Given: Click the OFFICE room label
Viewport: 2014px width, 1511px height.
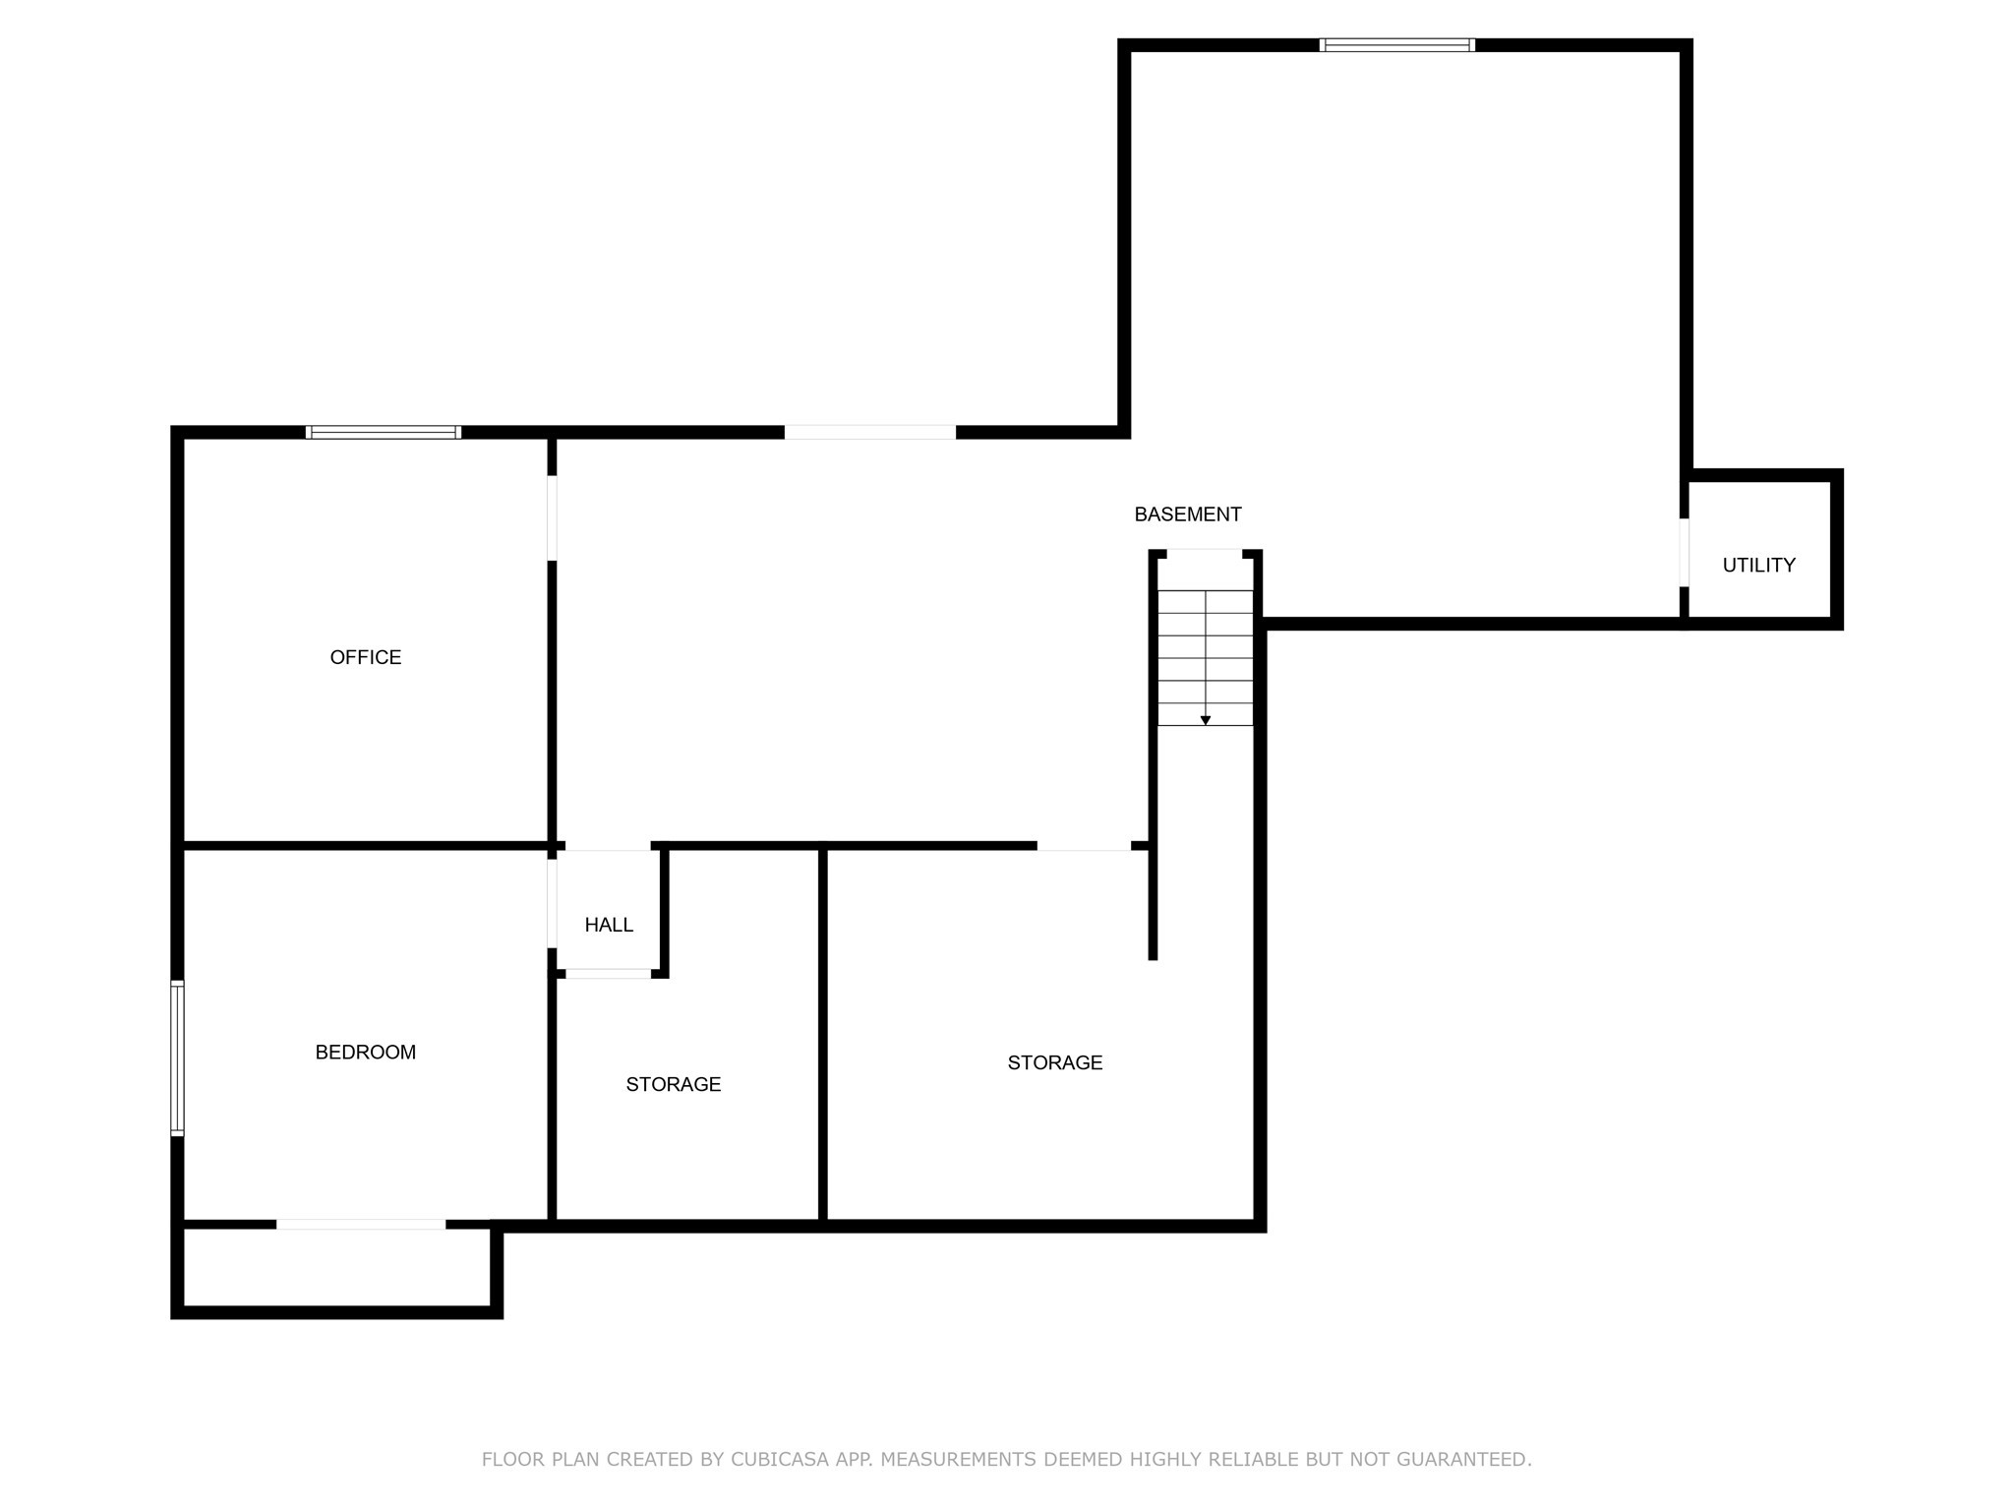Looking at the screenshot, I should [365, 657].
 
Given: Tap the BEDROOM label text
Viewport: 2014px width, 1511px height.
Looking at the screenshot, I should [365, 1053].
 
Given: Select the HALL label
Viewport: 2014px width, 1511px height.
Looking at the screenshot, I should [609, 925].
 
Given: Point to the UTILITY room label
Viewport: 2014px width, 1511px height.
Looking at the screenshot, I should [1758, 565].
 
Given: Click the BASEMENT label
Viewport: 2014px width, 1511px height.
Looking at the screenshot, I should [1187, 514].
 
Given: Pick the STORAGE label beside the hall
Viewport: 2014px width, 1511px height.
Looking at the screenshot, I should [673, 1084].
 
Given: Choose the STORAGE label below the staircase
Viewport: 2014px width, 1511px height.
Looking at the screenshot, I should [1054, 1062].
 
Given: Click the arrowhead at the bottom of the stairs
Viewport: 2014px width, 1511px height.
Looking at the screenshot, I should [1205, 721].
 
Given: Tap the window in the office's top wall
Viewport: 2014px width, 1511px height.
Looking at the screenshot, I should [383, 432].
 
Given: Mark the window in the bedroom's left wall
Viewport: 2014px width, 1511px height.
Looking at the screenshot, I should [178, 1058].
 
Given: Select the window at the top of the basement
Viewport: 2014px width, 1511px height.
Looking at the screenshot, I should [1396, 45].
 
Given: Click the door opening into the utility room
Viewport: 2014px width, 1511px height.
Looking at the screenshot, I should [1684, 552].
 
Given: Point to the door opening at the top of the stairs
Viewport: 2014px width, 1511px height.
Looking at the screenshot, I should [1205, 554].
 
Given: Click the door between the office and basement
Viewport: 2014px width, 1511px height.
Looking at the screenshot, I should [552, 518].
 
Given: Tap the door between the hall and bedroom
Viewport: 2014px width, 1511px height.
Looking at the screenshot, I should [552, 903].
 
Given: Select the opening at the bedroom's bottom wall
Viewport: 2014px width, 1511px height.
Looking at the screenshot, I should [360, 1224].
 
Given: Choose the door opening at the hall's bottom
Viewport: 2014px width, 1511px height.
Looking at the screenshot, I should [608, 974].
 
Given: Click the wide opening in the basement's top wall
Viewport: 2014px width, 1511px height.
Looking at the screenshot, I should [869, 432].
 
